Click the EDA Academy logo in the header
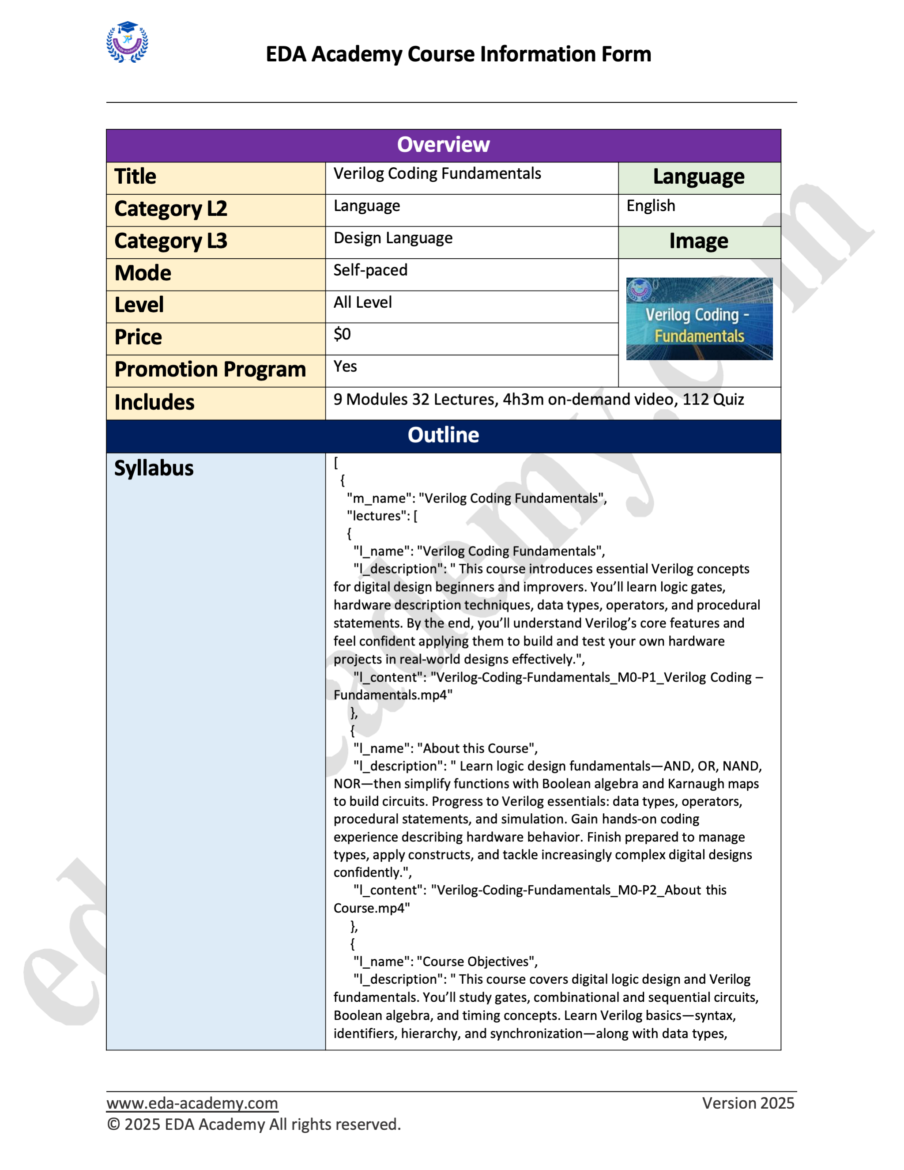127,42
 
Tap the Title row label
136,177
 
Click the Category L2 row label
171,209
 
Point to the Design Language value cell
393,238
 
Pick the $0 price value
342,335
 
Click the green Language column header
698,177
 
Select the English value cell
651,206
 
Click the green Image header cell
698,242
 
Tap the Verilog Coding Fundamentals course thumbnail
699,319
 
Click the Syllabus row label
154,468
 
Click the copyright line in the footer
254,1124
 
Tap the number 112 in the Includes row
695,400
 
